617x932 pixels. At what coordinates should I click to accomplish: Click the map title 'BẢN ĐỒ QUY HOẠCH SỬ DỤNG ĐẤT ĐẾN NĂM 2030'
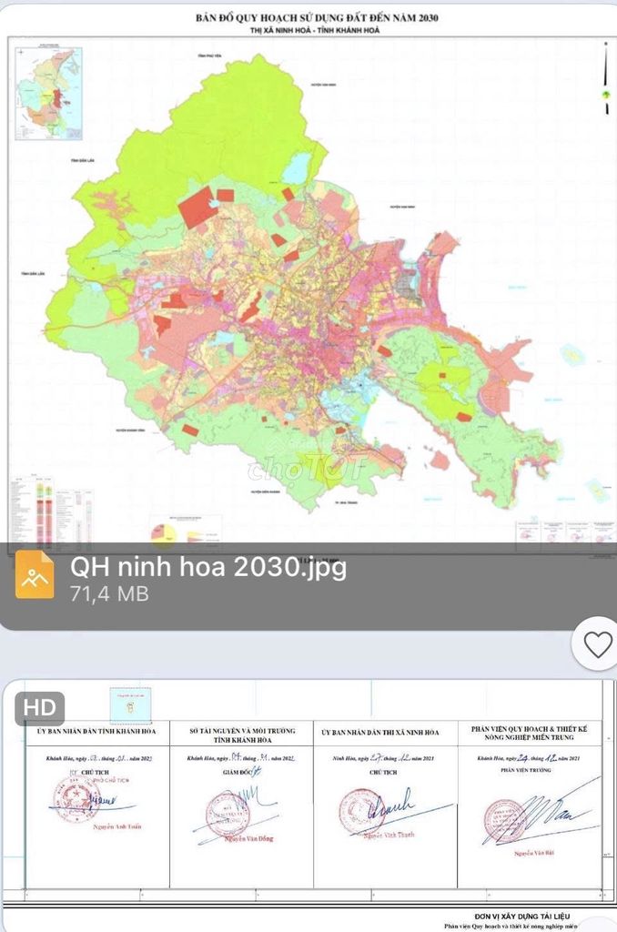[308, 17]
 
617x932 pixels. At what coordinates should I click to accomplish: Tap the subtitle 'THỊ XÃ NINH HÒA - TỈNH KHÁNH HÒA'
[308, 30]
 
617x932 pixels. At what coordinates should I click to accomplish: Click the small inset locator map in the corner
[48, 94]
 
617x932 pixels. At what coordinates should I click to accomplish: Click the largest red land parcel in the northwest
[197, 207]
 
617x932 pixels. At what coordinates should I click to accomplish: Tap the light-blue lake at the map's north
[297, 168]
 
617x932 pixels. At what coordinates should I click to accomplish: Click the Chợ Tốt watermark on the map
[305, 470]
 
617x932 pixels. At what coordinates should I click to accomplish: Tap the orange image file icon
[35, 574]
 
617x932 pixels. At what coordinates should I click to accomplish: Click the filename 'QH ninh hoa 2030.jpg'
[207, 566]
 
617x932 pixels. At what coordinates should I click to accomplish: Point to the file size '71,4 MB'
[109, 594]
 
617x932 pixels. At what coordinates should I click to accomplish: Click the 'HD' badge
[39, 707]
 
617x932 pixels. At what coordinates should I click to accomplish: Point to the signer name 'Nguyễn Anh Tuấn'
[98, 826]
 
